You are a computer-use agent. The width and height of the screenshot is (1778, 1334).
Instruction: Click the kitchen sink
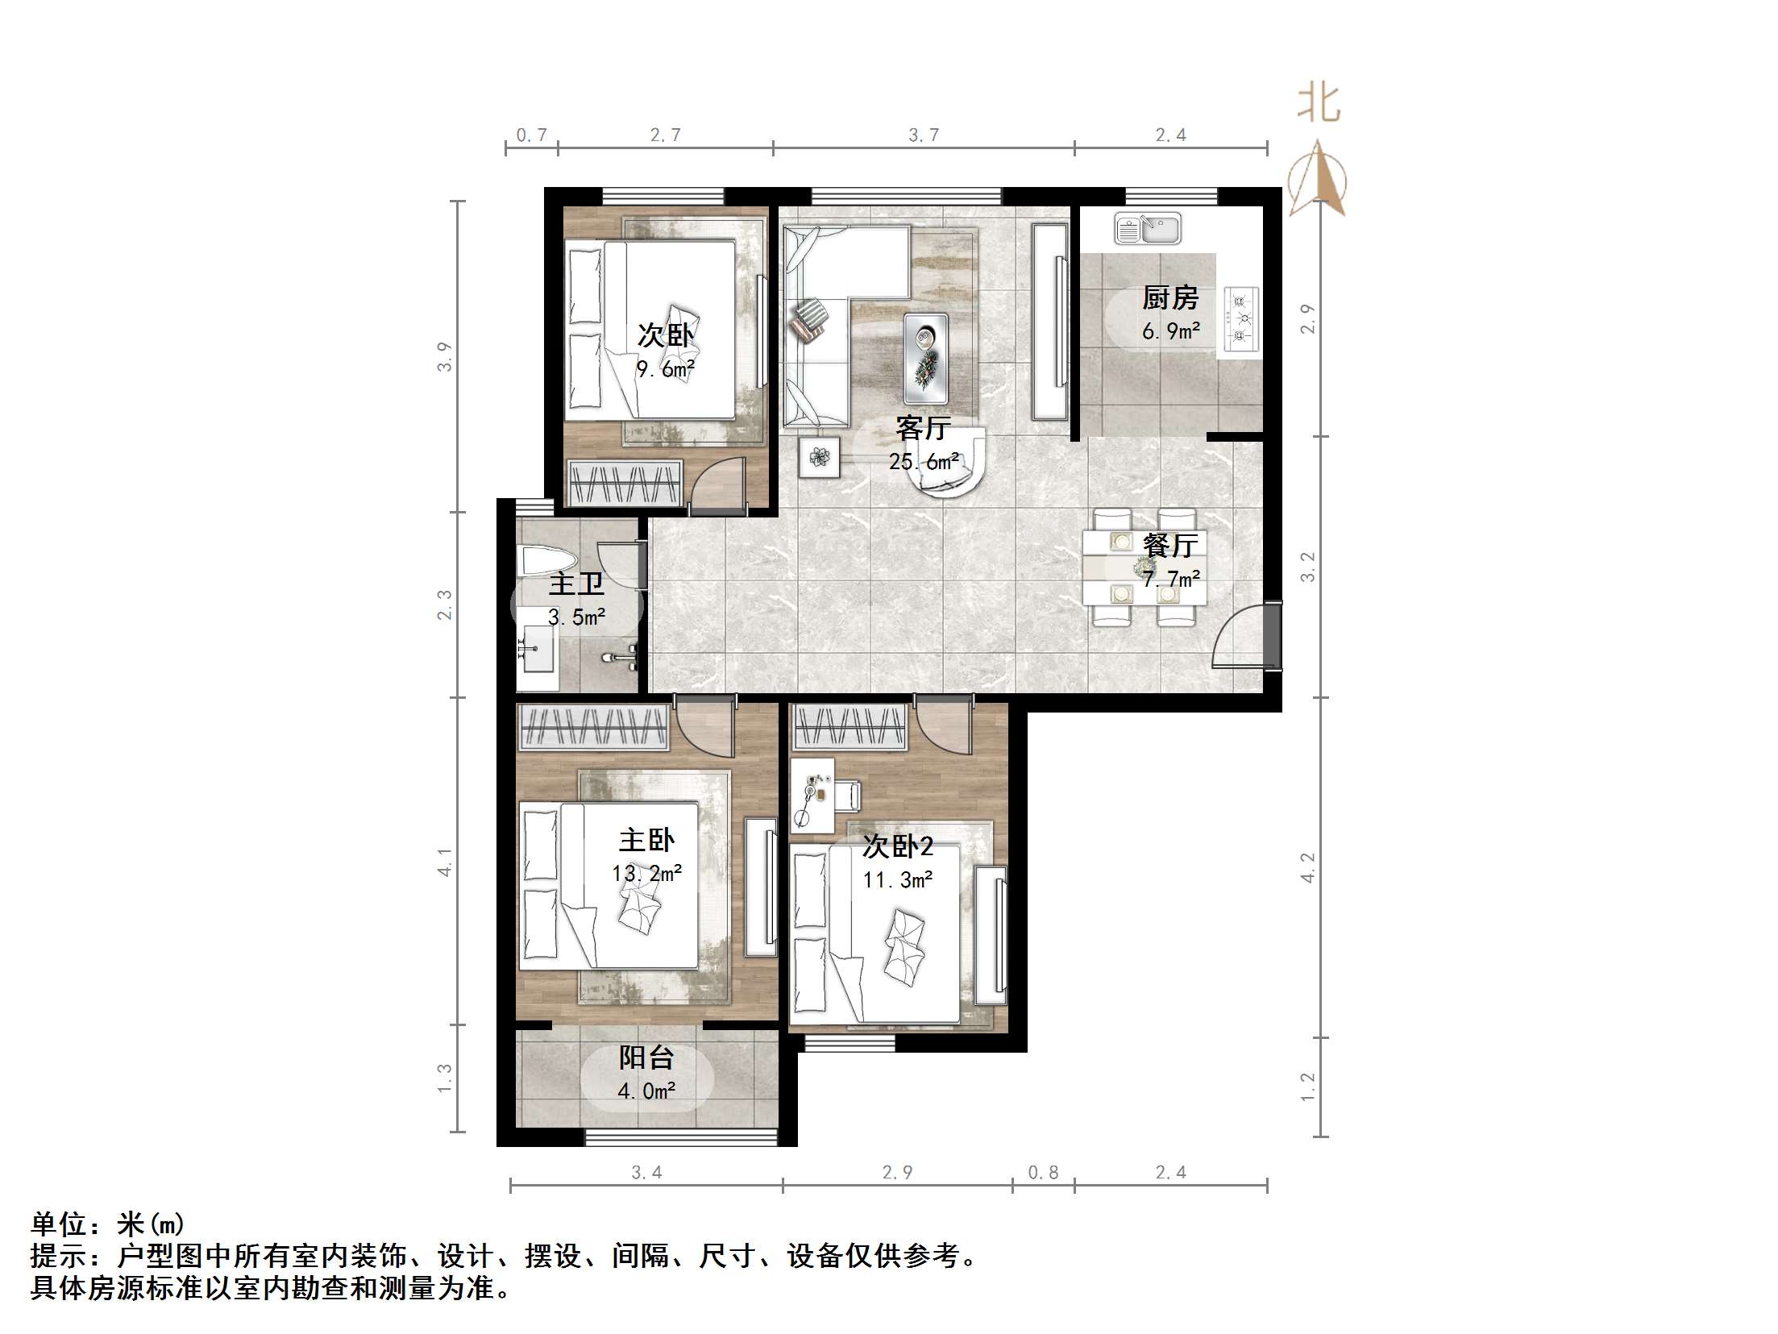click(1148, 229)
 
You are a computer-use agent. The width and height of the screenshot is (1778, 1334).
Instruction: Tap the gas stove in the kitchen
click(1241, 319)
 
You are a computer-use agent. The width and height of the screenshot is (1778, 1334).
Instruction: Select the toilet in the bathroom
click(546, 561)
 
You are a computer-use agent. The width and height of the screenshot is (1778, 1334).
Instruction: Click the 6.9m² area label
click(1171, 330)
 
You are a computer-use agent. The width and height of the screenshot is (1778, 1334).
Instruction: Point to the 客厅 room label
click(923, 428)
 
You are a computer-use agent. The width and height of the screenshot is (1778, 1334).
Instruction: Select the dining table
click(1144, 567)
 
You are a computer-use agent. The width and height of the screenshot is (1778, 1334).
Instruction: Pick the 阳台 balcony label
click(646, 1058)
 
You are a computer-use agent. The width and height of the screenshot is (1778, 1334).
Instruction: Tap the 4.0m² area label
click(646, 1091)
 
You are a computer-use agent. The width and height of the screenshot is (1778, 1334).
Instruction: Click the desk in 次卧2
click(812, 795)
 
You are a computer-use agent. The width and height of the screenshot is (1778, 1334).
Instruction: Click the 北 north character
click(1319, 103)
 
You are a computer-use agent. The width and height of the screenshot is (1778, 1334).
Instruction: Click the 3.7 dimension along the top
click(924, 135)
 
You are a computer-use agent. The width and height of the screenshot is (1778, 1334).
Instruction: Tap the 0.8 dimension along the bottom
click(1043, 1173)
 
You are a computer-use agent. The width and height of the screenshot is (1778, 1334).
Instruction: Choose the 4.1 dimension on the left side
click(445, 862)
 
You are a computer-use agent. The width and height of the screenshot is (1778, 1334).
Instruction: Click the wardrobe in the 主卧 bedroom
click(594, 726)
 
